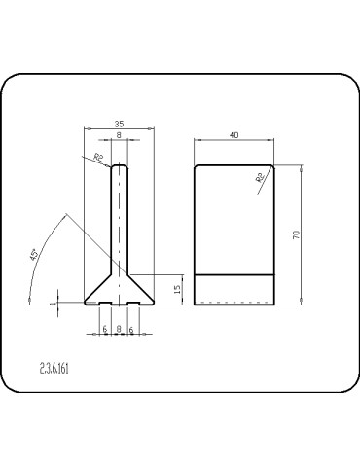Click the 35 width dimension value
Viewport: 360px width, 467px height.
[x=119, y=125]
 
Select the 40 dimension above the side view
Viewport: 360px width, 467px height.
[x=234, y=135]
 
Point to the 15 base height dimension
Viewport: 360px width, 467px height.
[x=177, y=289]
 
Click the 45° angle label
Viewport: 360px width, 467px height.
[x=35, y=255]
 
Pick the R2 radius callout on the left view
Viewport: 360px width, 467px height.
[x=98, y=158]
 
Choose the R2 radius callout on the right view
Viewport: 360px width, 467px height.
[x=260, y=178]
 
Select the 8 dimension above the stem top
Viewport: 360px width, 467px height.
[x=119, y=137]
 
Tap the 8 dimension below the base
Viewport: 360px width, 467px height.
[x=119, y=330]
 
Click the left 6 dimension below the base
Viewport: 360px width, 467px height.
[x=104, y=330]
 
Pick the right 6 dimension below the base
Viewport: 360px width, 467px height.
[x=131, y=330]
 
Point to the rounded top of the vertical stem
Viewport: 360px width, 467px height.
[x=119, y=166]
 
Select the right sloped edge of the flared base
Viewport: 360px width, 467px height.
[x=139, y=286]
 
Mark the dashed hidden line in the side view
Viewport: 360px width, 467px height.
[x=234, y=303]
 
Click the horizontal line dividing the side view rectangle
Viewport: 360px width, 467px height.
[x=234, y=275]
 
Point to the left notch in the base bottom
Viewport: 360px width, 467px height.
[x=104, y=303]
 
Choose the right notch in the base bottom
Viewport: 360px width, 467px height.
[x=132, y=303]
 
